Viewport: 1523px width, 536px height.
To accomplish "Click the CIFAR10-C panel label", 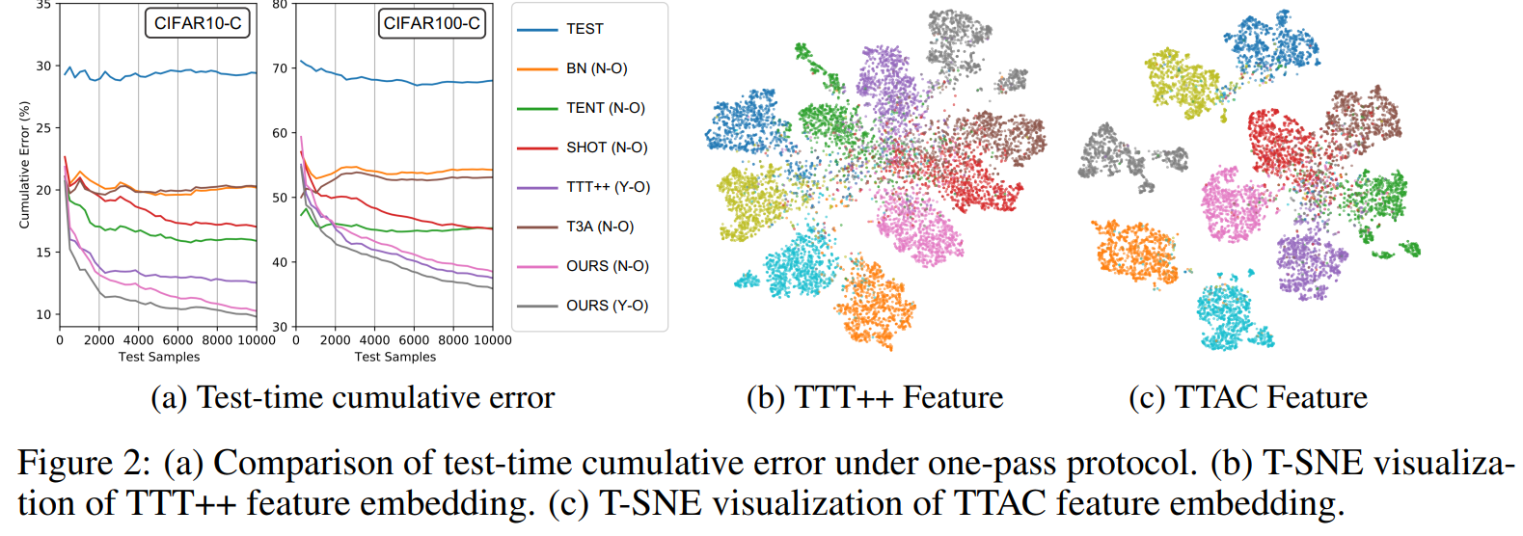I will tap(198, 23).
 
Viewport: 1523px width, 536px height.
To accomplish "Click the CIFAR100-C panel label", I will tap(431, 23).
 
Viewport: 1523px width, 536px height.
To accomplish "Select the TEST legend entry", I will tap(585, 29).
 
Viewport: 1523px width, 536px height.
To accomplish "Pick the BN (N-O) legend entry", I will tap(596, 68).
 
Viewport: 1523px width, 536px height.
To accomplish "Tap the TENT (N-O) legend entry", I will tap(605, 108).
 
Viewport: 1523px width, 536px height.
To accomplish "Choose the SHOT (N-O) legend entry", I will tap(607, 147).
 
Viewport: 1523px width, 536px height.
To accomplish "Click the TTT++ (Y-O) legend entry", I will tap(608, 187).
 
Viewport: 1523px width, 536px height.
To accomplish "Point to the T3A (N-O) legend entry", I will tap(599, 227).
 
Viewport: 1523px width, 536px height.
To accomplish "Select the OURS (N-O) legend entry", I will tap(607, 266).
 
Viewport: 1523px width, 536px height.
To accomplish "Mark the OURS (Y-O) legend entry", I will tap(607, 306).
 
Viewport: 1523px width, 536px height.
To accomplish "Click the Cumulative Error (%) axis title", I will tap(25, 165).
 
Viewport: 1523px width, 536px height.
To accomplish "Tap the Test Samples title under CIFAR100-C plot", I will tap(394, 357).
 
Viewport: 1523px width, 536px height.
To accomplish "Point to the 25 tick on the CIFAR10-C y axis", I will tap(43, 128).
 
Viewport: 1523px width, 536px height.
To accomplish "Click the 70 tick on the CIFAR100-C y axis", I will tap(280, 68).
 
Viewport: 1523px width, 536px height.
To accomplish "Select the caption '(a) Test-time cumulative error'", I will tap(352, 397).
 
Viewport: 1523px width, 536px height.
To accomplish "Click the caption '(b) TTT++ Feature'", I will tap(875, 397).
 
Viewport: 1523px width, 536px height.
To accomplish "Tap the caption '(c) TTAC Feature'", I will tap(1248, 397).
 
